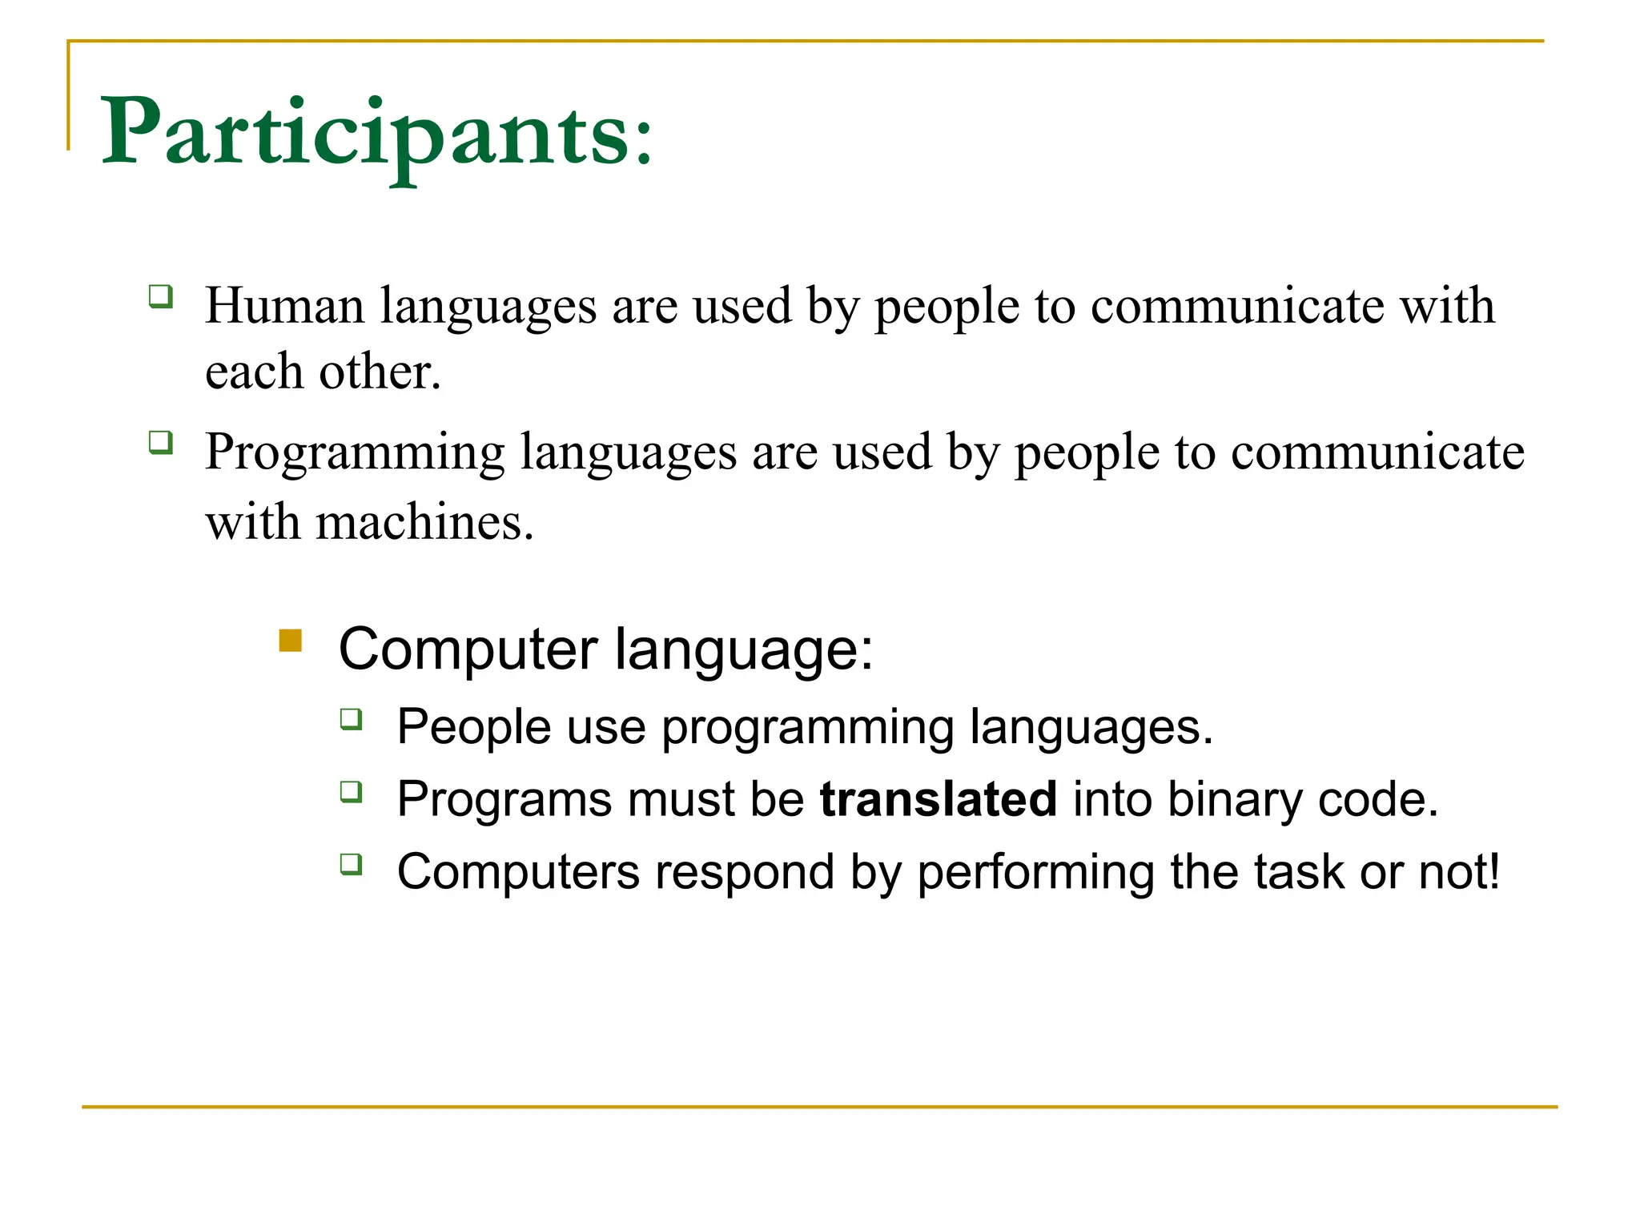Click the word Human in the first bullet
(284, 307)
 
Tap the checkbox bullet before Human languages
(161, 296)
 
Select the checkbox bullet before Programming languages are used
(161, 442)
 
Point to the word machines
(424, 523)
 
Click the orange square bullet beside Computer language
(290, 641)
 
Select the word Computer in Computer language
(468, 649)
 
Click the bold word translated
(938, 799)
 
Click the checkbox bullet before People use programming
(351, 718)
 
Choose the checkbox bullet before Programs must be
(351, 791)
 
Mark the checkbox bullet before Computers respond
(351, 863)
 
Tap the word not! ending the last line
(1458, 871)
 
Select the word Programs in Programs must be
(504, 799)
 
